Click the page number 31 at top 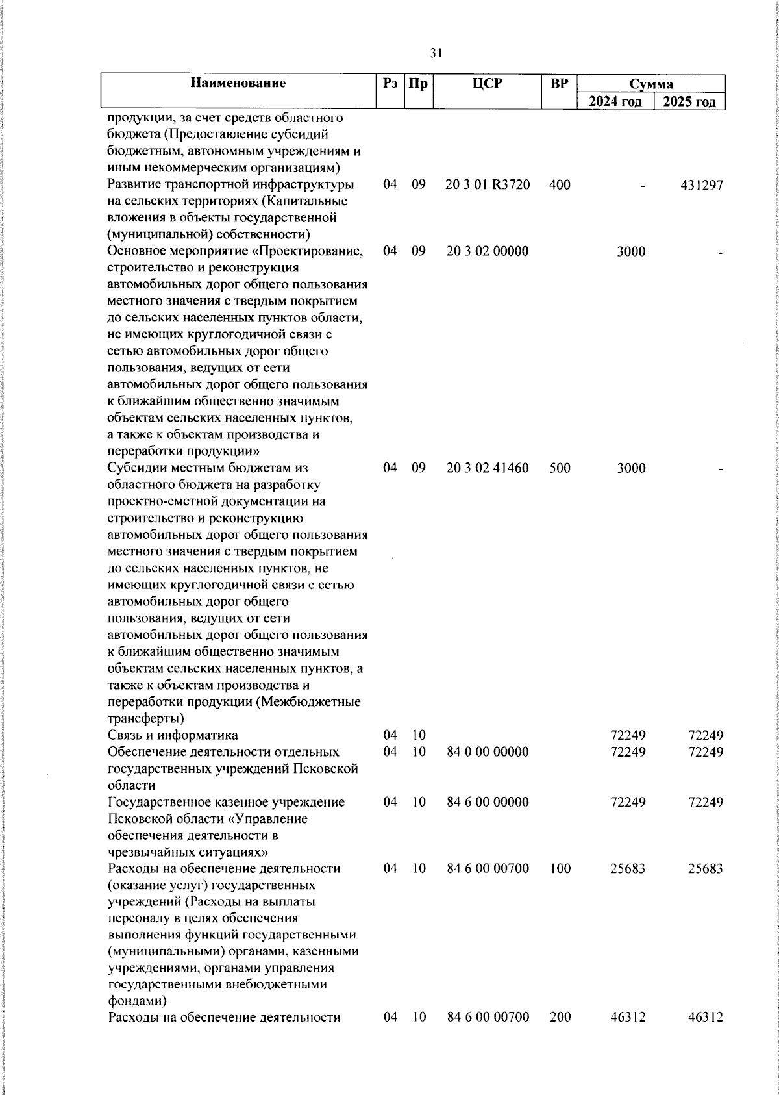coord(436,54)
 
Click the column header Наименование coord(238,83)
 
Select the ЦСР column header coord(488,83)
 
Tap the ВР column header coord(559,83)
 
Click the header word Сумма coord(650,84)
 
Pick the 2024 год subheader coord(615,101)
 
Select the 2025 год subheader coord(690,101)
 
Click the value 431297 coord(701,185)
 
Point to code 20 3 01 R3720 coord(488,185)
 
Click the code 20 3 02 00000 coord(488,251)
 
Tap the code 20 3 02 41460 coord(488,468)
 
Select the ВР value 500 coord(560,468)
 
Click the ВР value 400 coord(560,185)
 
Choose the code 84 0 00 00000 coord(488,751)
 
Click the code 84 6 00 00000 coord(488,801)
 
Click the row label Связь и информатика coord(173,735)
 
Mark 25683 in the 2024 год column coord(628,868)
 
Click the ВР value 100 coord(560,868)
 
